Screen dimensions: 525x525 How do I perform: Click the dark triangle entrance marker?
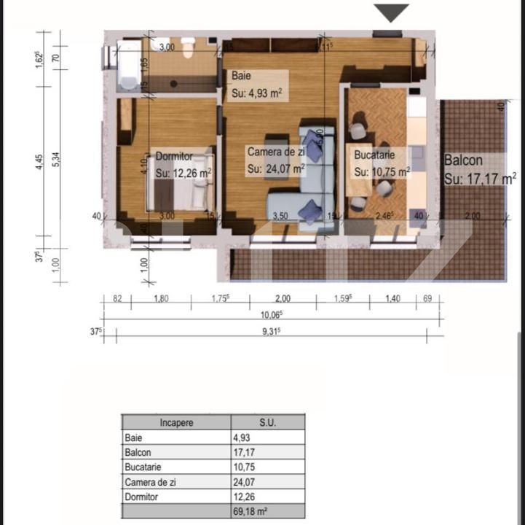pyautogui.click(x=392, y=12)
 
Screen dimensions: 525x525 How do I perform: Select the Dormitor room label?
pyautogui.click(x=174, y=156)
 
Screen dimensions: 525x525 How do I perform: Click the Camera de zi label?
pyautogui.click(x=275, y=152)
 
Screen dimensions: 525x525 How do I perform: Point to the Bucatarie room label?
pyautogui.click(x=374, y=155)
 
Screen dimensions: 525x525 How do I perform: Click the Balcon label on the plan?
pyautogui.click(x=463, y=160)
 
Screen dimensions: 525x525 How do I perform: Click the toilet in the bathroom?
pyautogui.click(x=188, y=50)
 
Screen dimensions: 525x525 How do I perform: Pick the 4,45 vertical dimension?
pyautogui.click(x=39, y=163)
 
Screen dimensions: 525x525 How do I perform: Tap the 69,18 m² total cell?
pyautogui.click(x=267, y=510)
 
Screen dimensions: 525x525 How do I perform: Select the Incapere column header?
pyautogui.click(x=175, y=422)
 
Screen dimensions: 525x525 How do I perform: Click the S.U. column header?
pyautogui.click(x=267, y=422)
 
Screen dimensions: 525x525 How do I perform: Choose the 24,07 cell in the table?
pyautogui.click(x=267, y=481)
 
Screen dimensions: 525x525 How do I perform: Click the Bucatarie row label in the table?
pyautogui.click(x=175, y=467)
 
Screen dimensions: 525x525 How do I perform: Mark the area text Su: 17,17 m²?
pyautogui.click(x=480, y=177)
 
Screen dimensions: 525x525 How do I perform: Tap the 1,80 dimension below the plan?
pyautogui.click(x=161, y=297)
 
